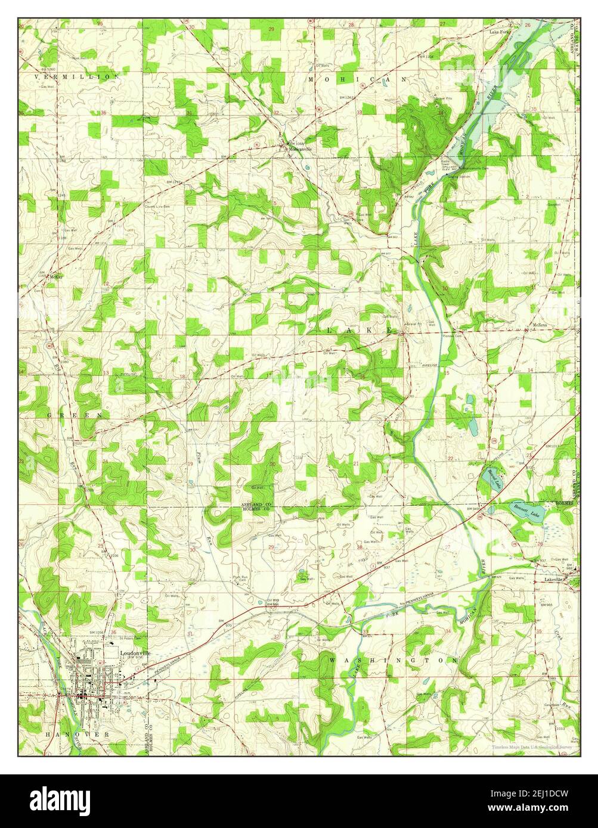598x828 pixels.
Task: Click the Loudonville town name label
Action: pyautogui.click(x=135, y=653)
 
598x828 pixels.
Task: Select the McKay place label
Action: pyautogui.click(x=56, y=277)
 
